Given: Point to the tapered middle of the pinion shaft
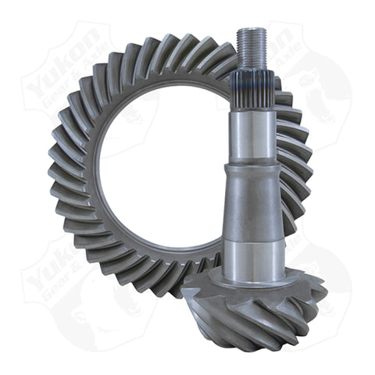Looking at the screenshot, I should tap(249, 203).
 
